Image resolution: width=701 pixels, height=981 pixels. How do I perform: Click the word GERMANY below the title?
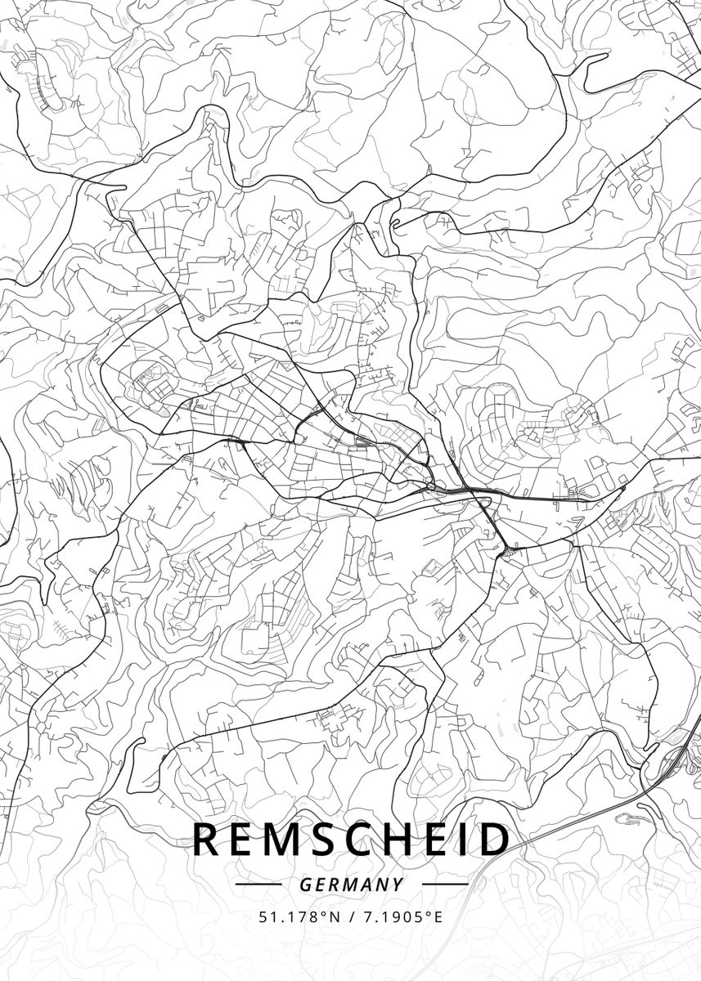click(x=351, y=885)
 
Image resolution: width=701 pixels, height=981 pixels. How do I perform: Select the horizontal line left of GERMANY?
click(x=258, y=885)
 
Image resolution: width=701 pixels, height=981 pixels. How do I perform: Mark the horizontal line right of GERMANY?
click(x=444, y=885)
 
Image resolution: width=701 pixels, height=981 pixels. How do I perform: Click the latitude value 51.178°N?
click(x=298, y=917)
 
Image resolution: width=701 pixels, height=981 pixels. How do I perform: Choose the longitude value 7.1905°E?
click(x=398, y=917)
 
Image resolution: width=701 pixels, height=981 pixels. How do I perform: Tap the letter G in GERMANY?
click(x=304, y=885)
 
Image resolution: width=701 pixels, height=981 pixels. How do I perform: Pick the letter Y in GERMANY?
click(x=398, y=885)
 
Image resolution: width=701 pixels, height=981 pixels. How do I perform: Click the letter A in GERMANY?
click(x=366, y=885)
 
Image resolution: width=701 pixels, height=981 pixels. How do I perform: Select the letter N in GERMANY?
click(x=382, y=885)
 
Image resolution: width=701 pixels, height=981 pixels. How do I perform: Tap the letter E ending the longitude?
click(x=438, y=917)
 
